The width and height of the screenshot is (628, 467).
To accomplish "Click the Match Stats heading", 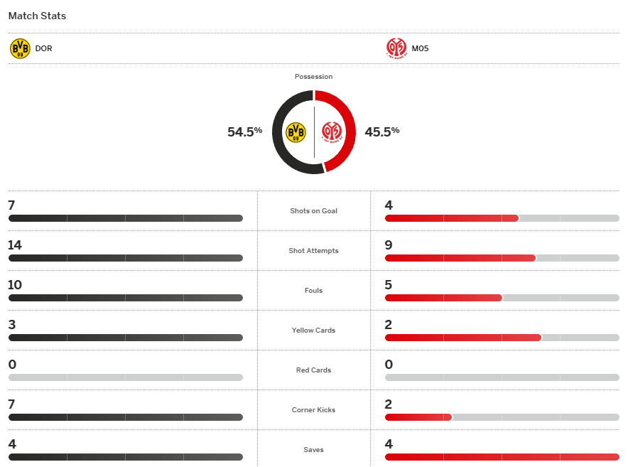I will [37, 16].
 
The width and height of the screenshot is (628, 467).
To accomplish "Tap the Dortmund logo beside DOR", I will [20, 48].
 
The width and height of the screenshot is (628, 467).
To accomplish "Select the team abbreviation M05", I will [420, 49].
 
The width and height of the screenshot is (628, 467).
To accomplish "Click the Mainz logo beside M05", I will [396, 48].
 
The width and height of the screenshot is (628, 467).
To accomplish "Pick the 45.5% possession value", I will [382, 131].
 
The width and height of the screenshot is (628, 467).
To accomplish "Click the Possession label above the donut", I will [313, 77].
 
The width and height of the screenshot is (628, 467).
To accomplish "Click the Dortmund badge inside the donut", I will [296, 132].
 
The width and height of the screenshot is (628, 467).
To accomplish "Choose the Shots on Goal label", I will [313, 211].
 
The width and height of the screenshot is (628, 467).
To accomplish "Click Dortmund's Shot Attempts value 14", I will [15, 245].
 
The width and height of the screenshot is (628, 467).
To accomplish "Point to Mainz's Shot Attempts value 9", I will [389, 245].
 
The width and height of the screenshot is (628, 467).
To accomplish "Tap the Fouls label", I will [313, 291].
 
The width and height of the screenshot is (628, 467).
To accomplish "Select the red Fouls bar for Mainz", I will [443, 298].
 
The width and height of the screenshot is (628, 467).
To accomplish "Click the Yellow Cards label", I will [313, 331].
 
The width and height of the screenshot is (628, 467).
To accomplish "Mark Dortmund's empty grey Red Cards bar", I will [125, 377].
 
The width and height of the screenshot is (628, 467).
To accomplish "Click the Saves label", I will [313, 450].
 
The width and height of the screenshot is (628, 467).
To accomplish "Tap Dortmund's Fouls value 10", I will [15, 285].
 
